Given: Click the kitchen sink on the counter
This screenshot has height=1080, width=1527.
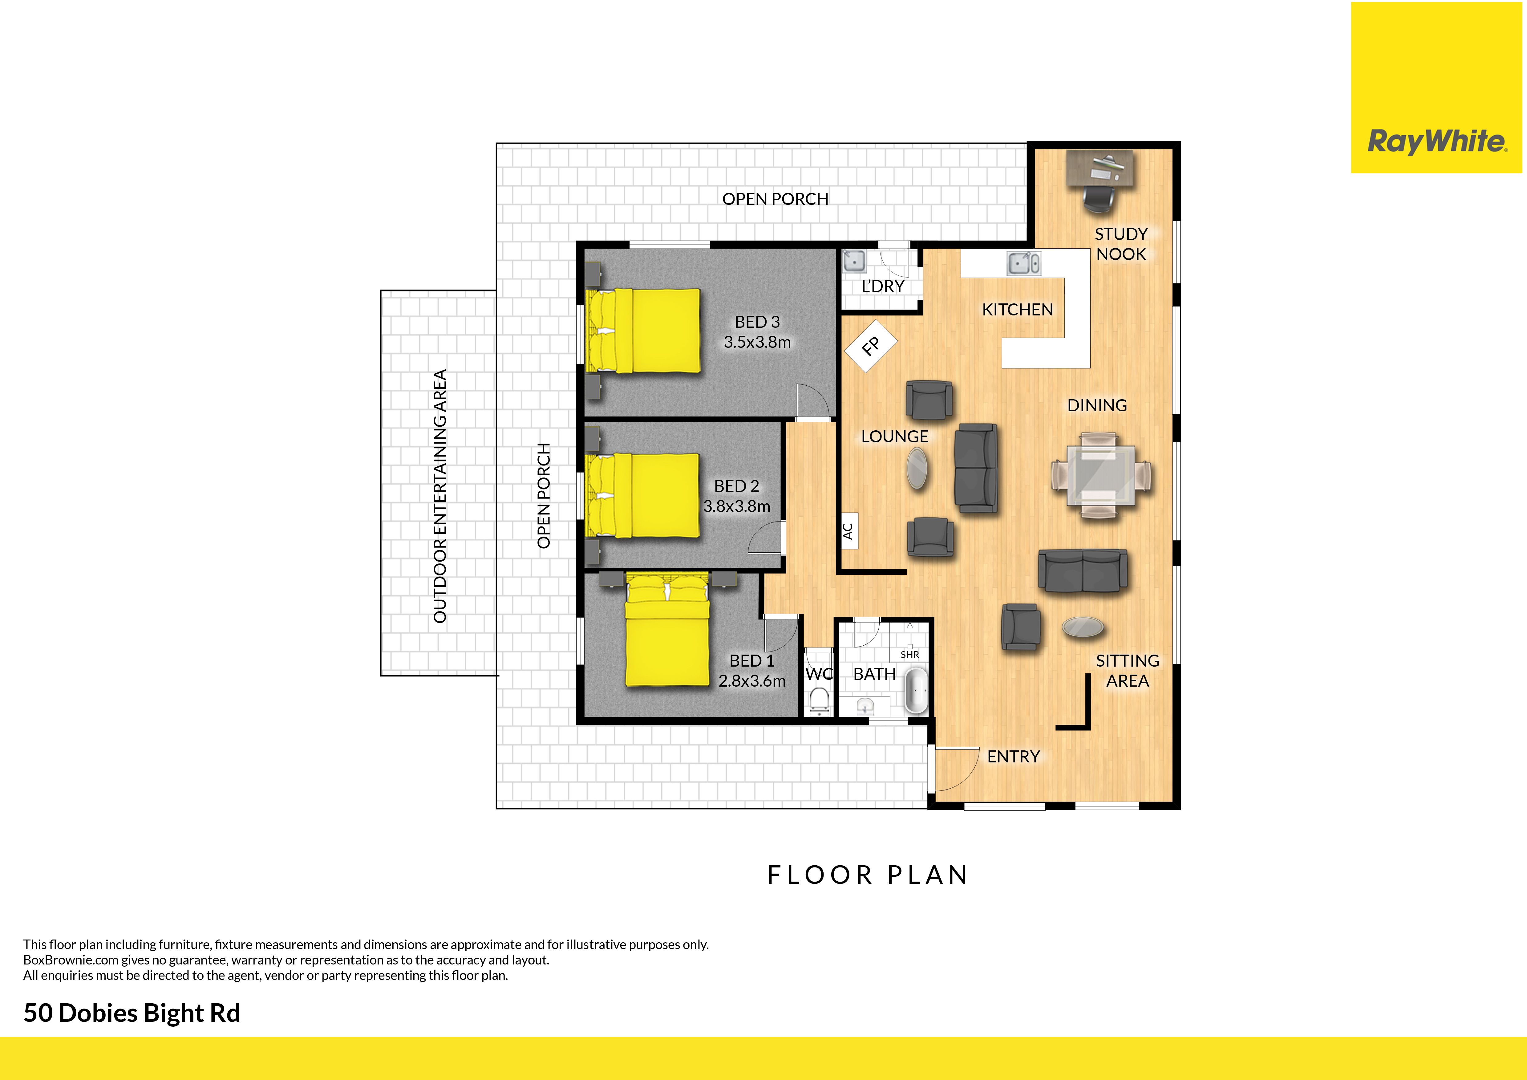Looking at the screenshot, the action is pos(1023,263).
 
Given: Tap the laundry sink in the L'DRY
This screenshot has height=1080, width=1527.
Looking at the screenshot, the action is pos(855,261).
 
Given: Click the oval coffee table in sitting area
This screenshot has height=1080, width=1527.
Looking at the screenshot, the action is pos(1083,627).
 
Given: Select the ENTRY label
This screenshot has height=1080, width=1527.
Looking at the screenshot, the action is pos(1013,757).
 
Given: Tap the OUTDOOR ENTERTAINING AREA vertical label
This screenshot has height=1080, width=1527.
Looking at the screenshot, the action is pos(439,496).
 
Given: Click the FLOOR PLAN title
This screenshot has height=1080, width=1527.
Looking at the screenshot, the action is pos(868,875).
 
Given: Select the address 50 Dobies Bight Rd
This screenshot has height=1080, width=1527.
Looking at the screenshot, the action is pos(132,1013).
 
